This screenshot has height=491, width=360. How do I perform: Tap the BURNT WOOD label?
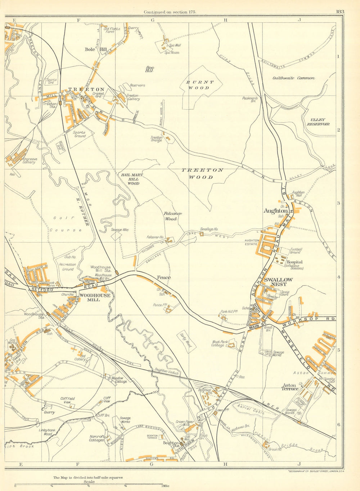(200, 85)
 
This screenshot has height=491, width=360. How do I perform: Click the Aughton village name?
(275, 211)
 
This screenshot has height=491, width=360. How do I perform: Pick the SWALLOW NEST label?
(278, 282)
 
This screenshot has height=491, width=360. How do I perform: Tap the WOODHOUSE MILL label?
(90, 297)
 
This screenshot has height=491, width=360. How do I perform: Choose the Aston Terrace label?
(290, 387)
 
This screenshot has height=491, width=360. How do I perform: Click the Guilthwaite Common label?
(294, 78)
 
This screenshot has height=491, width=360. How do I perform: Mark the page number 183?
(340, 12)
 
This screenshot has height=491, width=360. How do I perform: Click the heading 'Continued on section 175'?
(170, 12)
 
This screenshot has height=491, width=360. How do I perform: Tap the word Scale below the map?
(89, 482)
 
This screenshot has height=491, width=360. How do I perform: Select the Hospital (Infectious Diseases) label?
(294, 265)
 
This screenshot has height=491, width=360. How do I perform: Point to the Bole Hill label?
(91, 49)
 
